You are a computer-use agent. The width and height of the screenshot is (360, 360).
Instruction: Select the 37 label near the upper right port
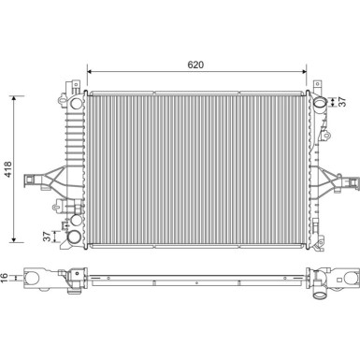point(342,102)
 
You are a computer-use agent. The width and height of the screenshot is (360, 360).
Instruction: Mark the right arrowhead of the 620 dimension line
point(305,74)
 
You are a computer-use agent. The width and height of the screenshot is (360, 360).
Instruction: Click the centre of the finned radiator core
point(196,168)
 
